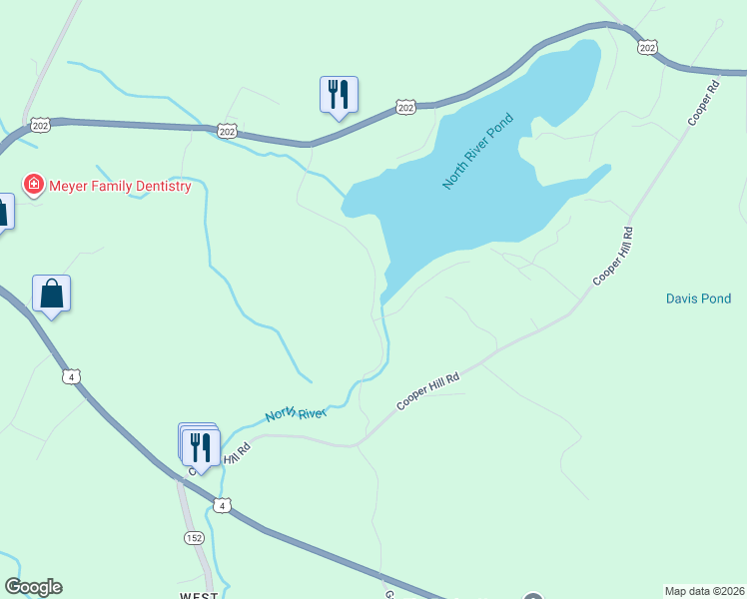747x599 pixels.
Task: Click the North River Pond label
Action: [x=478, y=151]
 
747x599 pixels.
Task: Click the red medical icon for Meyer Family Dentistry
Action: [x=34, y=185]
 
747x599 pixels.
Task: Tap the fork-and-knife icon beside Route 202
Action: [x=339, y=96]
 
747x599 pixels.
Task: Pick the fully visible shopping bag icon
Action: [x=52, y=295]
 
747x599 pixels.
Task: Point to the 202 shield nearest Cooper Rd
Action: [x=648, y=47]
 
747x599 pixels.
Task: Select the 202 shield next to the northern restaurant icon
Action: [x=404, y=107]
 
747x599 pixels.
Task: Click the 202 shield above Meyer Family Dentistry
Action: [x=40, y=125]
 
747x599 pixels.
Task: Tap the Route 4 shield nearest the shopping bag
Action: [x=70, y=375]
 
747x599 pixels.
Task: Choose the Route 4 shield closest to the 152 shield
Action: [x=223, y=506]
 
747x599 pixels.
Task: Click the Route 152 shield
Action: [x=194, y=538]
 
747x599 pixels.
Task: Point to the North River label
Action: [x=296, y=413]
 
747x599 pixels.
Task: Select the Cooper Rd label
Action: [x=704, y=103]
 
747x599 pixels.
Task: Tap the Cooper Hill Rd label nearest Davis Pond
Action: [x=613, y=257]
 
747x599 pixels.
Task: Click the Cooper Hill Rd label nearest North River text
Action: [x=427, y=390]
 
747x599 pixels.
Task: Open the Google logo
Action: [x=33, y=587]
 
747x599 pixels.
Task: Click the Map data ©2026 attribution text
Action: [x=705, y=590]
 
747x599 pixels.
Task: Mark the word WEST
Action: [x=200, y=596]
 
